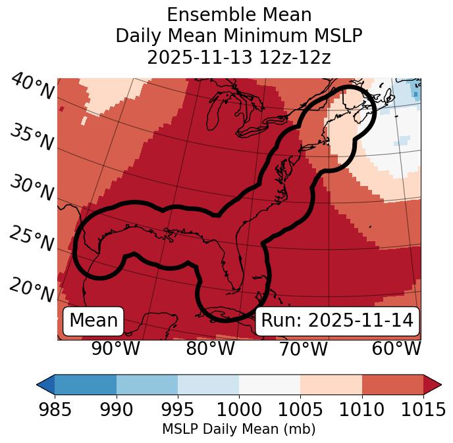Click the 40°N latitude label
(x=32, y=87)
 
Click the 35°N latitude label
(x=32, y=137)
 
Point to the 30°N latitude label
(x=32, y=189)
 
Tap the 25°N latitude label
(x=32, y=239)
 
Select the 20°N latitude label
(x=32, y=289)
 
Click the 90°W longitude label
(x=115, y=349)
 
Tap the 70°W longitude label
(x=304, y=349)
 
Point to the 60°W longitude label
(x=396, y=349)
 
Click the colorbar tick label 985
(x=55, y=409)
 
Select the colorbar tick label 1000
(x=239, y=409)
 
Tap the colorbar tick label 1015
(x=423, y=409)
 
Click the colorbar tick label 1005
(x=300, y=409)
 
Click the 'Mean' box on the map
(x=93, y=321)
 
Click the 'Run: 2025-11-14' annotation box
(x=337, y=321)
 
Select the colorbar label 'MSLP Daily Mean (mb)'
(x=239, y=429)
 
